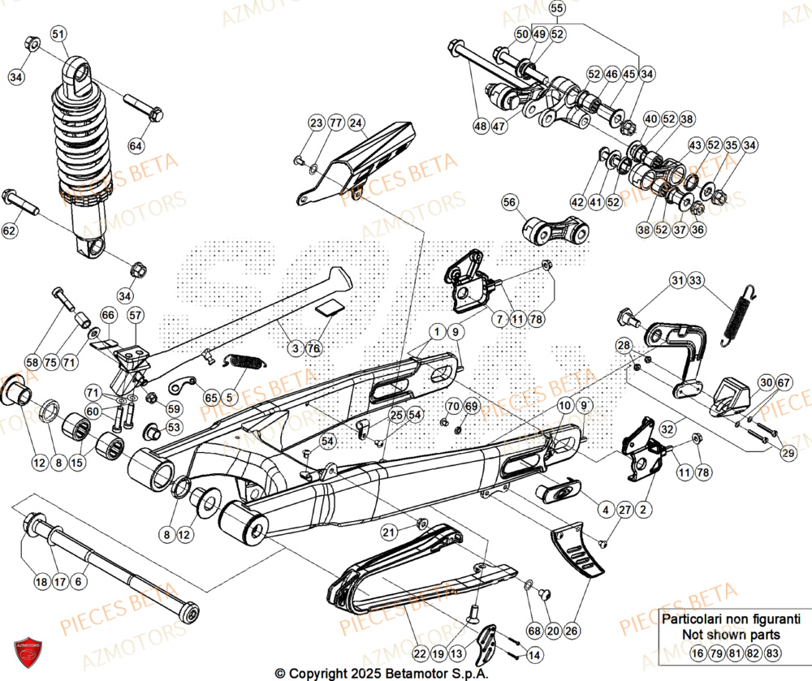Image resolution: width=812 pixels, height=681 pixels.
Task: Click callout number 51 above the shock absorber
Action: [x=58, y=34]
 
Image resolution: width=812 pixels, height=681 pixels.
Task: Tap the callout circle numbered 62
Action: [x=10, y=231]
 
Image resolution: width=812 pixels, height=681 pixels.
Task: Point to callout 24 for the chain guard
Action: [x=356, y=123]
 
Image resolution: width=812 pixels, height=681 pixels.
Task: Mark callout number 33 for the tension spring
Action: [x=696, y=281]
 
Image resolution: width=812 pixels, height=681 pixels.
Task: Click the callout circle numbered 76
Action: [x=314, y=348]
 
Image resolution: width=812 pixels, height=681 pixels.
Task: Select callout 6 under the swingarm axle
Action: [x=78, y=581]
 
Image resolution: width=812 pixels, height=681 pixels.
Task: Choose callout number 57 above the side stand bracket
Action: [x=135, y=315]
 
